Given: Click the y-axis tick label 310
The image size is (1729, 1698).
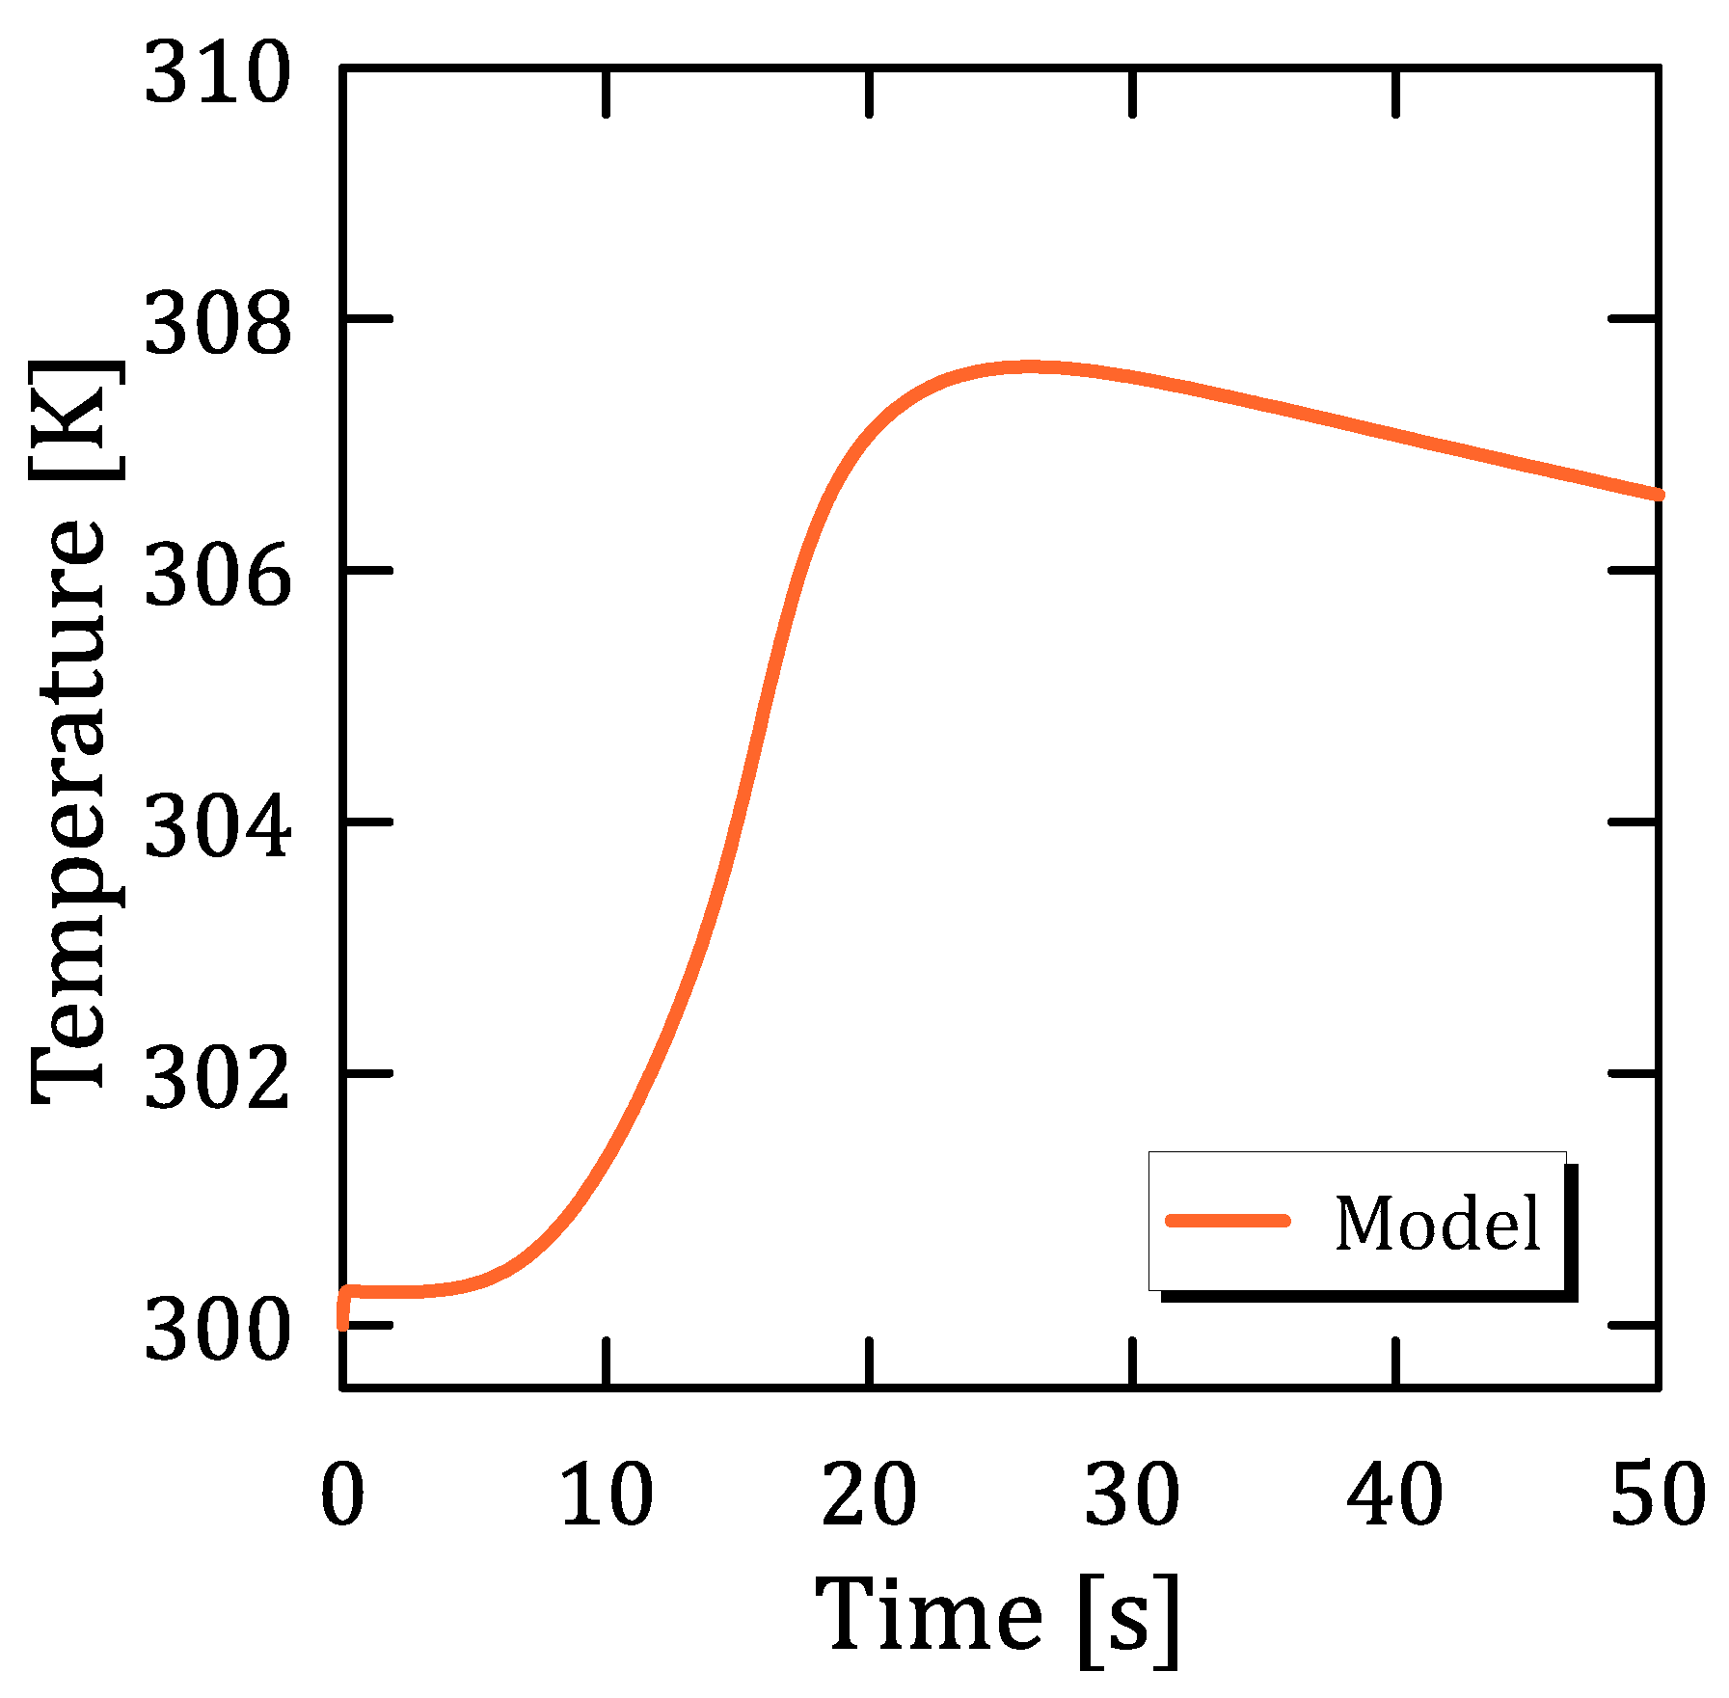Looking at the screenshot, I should pos(217,75).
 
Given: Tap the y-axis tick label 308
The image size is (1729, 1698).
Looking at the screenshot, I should pos(217,327).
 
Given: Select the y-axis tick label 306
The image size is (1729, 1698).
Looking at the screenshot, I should pos(217,579).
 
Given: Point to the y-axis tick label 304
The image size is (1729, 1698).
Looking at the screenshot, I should pos(217,829).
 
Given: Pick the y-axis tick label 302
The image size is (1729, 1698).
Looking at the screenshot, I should pos(217,1081).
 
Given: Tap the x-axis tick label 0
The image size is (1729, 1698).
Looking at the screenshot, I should pos(342,1495).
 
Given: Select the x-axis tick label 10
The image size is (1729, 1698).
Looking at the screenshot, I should pos(607,1495).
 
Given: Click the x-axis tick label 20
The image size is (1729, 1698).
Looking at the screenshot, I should pos(869,1495).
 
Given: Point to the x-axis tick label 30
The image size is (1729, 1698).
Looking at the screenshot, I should pos(1132,1495).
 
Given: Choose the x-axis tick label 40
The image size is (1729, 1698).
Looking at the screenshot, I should pos(1395,1495).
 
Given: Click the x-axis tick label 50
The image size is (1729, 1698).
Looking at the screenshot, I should pos(1658,1495).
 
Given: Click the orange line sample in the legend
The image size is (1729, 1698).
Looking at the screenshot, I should pos(1228,1221).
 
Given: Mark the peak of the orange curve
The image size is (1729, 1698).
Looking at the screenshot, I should pos(1030,367).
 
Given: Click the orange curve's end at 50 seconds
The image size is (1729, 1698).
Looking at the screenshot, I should pos(1658,495).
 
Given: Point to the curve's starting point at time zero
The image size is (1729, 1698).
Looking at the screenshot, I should pos(343,1323).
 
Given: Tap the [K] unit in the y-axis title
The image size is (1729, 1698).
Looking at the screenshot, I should pos(75,420).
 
